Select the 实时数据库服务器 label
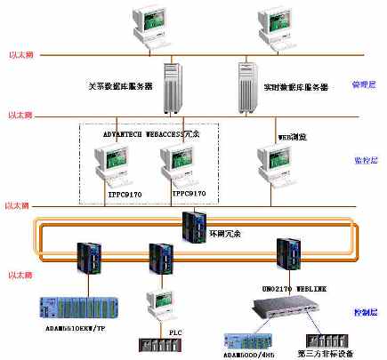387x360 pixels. pyautogui.click(x=295, y=87)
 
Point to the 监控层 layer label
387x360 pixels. pyautogui.click(x=365, y=161)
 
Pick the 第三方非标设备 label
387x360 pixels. pyautogui.click(x=331, y=351)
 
